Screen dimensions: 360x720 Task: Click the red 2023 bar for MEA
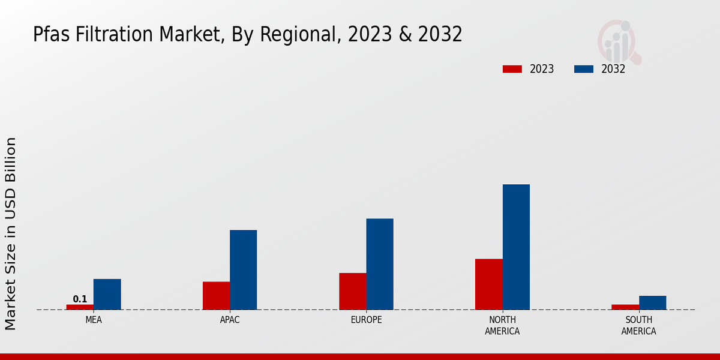[80, 307]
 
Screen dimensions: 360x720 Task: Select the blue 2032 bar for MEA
[107, 294]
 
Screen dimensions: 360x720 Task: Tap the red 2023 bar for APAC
[216, 295]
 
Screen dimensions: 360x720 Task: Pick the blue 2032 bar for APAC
[243, 269]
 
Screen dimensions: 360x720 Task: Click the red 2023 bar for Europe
[352, 291]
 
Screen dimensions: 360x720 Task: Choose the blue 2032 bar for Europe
[380, 264]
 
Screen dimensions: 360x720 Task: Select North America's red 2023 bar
[488, 284]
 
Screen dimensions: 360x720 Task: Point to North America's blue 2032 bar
[516, 247]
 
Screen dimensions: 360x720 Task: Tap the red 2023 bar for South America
[625, 307]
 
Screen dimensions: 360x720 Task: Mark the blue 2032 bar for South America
[652, 302]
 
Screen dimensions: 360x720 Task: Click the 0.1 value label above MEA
[80, 299]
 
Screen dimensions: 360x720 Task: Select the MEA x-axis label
[94, 320]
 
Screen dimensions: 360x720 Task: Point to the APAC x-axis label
[230, 320]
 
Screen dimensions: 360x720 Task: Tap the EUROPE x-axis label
[366, 320]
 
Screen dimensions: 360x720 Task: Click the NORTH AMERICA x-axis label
[502, 325]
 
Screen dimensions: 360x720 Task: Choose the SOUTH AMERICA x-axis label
[638, 325]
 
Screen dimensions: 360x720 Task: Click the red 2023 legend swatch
[512, 69]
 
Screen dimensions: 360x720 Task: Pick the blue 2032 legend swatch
[583, 69]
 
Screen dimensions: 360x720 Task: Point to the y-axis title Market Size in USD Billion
[11, 233]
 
